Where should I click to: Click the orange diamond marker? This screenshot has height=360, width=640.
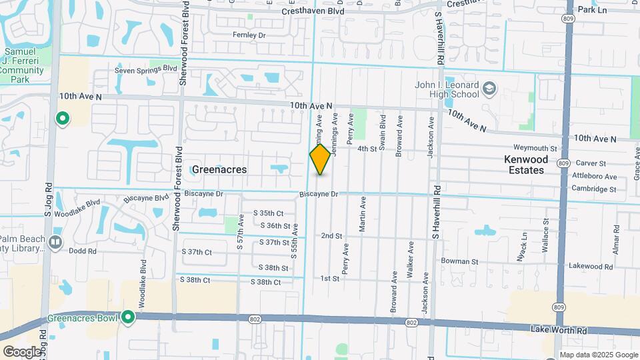click(320, 160)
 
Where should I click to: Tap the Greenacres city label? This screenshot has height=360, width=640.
click(219, 169)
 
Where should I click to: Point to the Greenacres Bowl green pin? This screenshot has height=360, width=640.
click(127, 318)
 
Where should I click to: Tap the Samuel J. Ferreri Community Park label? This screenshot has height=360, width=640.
click(23, 65)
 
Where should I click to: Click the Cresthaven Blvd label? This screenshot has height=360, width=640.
click(313, 11)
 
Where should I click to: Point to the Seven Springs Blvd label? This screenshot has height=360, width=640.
click(145, 69)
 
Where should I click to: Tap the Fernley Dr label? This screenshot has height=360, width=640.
click(249, 35)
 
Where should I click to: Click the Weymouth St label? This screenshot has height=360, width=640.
click(535, 148)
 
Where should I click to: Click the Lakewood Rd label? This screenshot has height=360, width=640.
click(590, 266)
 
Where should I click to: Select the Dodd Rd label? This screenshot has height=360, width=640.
click(83, 251)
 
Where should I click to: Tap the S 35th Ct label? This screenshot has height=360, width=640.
click(269, 213)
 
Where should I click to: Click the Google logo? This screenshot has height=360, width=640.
click(21, 351)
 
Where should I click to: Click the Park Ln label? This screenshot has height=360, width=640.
click(592, 10)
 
